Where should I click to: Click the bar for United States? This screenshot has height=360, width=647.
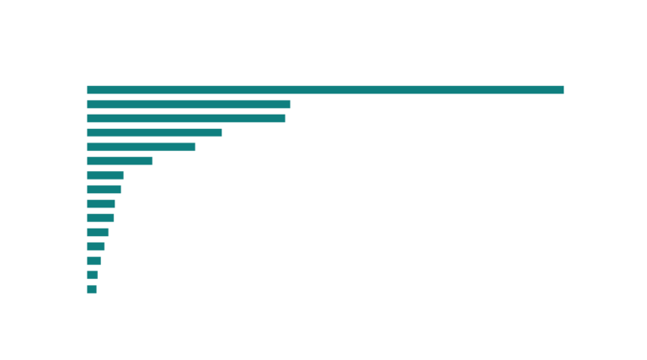(x=325, y=89)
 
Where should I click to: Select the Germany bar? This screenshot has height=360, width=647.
(x=189, y=104)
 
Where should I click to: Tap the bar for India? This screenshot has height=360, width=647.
(x=186, y=118)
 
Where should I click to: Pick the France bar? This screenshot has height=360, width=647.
(x=154, y=132)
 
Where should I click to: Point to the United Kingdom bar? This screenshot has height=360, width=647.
(x=141, y=147)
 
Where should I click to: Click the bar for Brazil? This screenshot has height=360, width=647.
(x=120, y=160)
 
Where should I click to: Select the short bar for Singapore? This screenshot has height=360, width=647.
(x=92, y=289)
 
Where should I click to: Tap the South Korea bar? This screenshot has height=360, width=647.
(x=98, y=232)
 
